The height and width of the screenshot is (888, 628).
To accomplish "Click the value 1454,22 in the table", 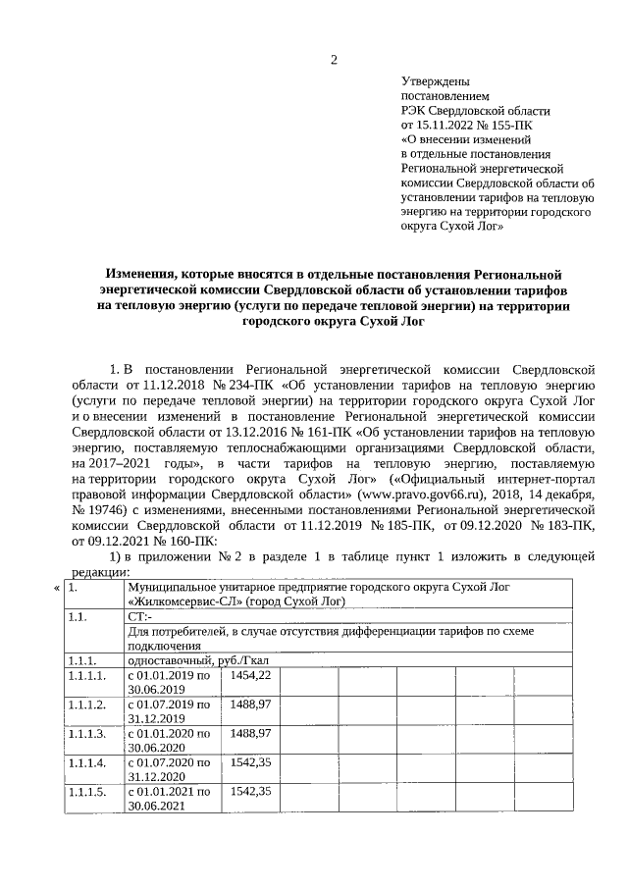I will click(x=250, y=676).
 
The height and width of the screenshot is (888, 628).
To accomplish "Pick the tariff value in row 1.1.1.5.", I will click(x=250, y=790).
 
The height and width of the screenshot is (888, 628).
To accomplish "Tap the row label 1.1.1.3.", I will click(x=86, y=733).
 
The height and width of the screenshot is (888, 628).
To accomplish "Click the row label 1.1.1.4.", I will click(x=86, y=761).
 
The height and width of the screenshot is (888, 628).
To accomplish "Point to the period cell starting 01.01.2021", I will click(x=169, y=797).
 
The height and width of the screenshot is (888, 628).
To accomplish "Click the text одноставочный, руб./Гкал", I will click(x=198, y=660).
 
